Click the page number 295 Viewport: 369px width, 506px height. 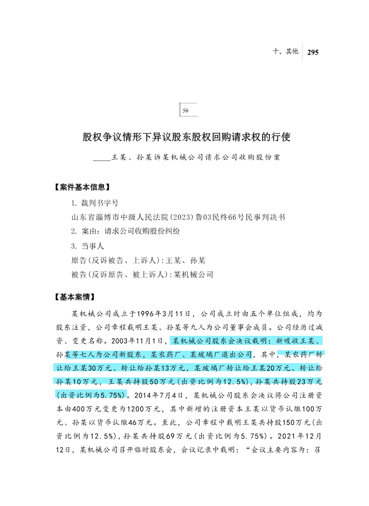click(312, 52)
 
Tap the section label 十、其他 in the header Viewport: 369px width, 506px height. click(285, 51)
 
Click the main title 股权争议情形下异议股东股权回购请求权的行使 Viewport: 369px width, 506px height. click(186, 137)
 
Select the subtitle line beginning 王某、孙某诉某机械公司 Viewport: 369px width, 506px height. click(195, 158)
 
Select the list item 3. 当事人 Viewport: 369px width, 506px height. click(88, 246)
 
